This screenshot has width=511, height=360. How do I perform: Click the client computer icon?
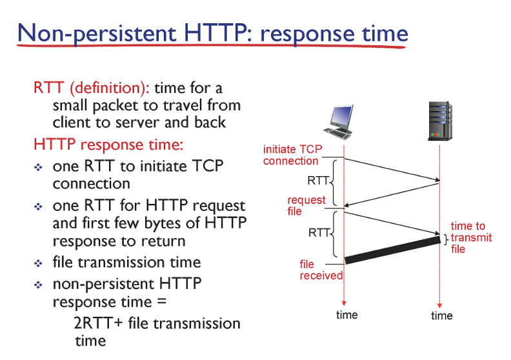339,122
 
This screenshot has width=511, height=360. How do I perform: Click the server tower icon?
440,121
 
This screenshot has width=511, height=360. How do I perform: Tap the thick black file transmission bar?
393,250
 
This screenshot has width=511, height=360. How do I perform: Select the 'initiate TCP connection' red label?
292,155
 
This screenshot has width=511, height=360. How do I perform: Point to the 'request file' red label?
306,206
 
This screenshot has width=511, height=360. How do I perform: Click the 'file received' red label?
321,270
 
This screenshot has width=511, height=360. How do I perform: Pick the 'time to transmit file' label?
471,237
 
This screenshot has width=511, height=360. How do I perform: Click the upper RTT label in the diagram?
318,181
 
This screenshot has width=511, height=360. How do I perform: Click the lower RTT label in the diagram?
319,233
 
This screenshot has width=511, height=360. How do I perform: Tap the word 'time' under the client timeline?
346,315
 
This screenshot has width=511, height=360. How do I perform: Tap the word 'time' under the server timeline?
441,315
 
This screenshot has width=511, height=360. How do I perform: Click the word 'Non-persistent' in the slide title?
97,34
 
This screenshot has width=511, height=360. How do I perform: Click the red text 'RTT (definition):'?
92,88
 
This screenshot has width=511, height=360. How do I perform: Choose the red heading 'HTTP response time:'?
108,145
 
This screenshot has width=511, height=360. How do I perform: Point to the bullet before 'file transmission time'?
38,263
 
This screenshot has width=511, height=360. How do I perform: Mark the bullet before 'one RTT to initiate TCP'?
38,168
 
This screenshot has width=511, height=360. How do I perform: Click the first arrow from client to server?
392,170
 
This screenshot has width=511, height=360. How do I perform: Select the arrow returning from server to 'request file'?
392,195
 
